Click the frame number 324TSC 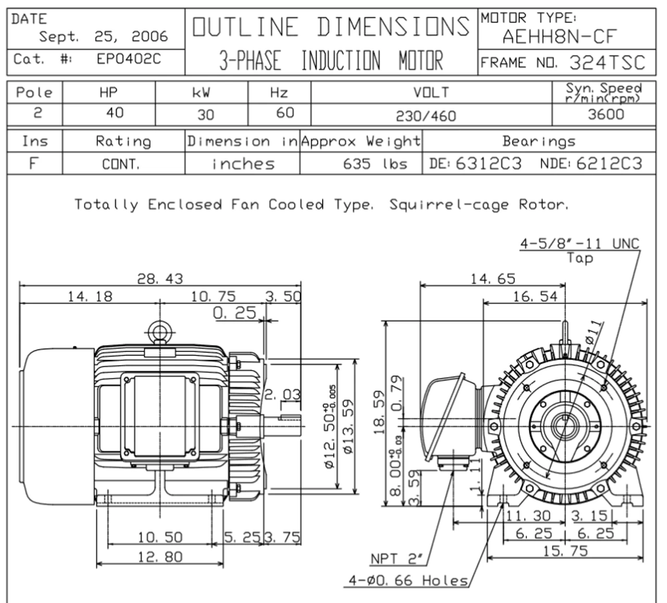point(607,63)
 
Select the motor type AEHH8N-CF point(559,36)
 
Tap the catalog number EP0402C point(129,59)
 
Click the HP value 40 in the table point(115,113)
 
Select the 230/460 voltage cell point(426,116)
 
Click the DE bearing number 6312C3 point(488,164)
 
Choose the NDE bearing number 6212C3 point(609,164)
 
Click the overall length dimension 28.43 point(160,279)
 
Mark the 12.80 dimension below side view point(160,557)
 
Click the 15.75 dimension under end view point(565,551)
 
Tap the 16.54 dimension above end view point(535,297)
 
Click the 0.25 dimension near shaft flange point(234,313)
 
